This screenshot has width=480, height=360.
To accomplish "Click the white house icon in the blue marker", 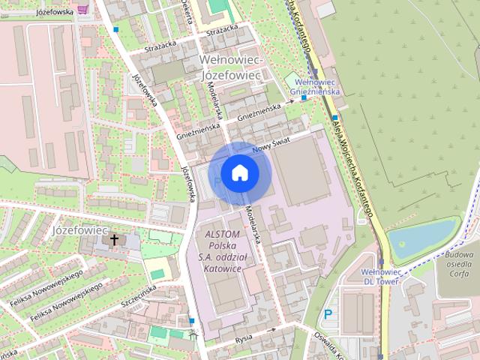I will point(239,172).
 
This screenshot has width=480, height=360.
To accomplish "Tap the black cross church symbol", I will point(114,240).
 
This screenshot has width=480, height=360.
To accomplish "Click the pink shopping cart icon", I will point(92,8).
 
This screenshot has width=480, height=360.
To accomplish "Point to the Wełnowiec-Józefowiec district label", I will point(229,67).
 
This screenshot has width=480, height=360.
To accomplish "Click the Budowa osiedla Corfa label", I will point(457,265).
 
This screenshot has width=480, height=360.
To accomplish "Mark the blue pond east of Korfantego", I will point(421,238).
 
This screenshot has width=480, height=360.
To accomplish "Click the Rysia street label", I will point(243,337).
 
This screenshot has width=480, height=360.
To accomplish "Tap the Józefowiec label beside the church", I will point(81,229).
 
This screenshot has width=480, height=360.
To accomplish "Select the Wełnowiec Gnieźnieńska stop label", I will point(317,86).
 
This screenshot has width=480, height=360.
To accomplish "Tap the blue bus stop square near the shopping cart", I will point(115,29).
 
